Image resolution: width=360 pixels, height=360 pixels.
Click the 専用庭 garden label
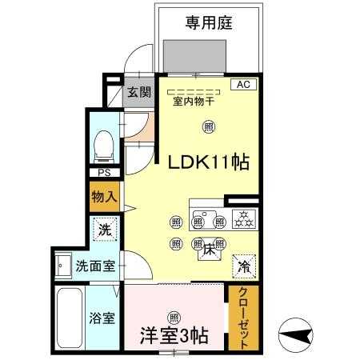point(209,22)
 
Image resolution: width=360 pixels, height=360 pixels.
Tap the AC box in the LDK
point(243,84)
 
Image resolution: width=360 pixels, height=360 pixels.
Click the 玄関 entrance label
point(139,92)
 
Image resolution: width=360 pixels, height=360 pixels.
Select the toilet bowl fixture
point(104,147)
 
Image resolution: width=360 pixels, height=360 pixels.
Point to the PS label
point(104,173)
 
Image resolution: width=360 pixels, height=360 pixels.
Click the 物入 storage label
point(104,197)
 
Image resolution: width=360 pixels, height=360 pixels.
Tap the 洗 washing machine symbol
point(105,230)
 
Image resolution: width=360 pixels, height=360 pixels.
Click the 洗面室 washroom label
point(95,266)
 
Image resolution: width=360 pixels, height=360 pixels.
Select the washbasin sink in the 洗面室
point(63,266)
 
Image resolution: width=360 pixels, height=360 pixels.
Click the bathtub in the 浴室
point(70,318)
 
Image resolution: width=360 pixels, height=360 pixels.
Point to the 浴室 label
point(102,318)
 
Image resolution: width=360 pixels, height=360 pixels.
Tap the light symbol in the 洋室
point(174,318)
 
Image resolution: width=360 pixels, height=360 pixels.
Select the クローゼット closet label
point(243,318)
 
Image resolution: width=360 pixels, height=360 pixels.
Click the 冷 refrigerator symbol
point(244,266)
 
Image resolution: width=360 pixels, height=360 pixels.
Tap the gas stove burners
point(244,219)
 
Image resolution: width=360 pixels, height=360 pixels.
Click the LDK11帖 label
point(209,162)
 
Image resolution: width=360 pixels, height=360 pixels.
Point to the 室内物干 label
point(194,102)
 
